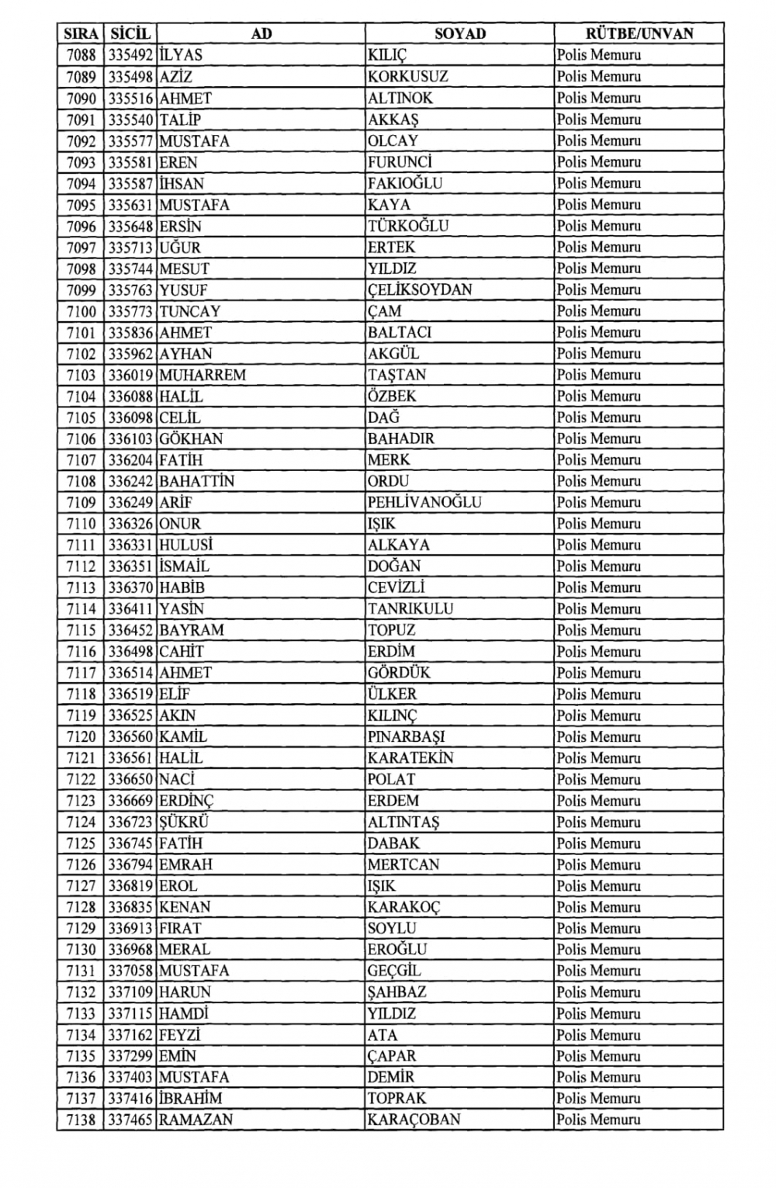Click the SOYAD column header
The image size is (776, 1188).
coord(459,33)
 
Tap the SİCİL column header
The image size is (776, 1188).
coord(130,33)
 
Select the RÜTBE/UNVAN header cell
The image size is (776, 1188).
coord(639,33)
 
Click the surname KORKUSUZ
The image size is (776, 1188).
coord(407,77)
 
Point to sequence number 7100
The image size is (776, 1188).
coord(81,311)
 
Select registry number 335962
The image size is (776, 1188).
coord(130,354)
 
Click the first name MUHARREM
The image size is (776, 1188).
coord(203,375)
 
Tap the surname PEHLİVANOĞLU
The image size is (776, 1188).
coord(424,503)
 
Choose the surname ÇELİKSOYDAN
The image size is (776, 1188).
coord(420,289)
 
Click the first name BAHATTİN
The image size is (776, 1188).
coord(196,481)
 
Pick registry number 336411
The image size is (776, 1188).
coord(130,609)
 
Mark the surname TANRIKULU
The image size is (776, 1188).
coord(411,609)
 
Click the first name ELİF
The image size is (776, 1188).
coord(175,694)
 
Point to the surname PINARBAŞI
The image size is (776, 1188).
coord(406,737)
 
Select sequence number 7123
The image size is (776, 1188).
coord(81,801)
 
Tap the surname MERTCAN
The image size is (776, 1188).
coord(404,864)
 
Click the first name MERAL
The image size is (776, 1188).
coord(185,950)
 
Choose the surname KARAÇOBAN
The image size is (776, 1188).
coord(414,1120)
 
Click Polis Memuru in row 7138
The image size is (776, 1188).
coord(598,1120)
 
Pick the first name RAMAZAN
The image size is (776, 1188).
coord(196,1120)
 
